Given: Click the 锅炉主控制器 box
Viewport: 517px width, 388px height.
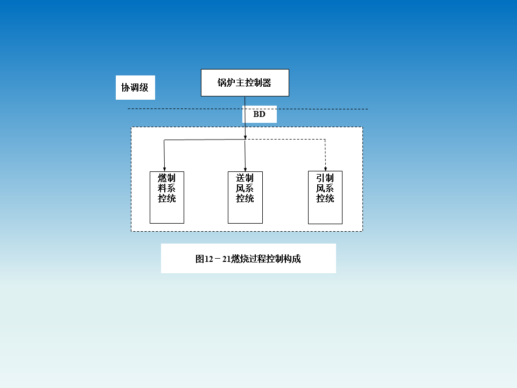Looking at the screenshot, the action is (244, 82).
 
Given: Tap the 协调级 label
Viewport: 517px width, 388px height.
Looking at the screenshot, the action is (135, 87).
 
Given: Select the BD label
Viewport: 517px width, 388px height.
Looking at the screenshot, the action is (260, 114).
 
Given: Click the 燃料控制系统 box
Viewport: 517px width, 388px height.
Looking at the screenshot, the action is (167, 197).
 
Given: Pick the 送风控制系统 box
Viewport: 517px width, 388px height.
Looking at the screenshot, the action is (245, 197).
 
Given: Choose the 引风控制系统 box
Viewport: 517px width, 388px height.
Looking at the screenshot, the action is (325, 197).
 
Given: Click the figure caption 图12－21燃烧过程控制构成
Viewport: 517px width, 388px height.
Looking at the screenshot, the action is (248, 259).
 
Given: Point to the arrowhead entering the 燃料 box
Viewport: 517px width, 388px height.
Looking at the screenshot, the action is (164, 169).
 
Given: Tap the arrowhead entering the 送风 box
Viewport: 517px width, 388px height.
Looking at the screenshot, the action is (246, 169).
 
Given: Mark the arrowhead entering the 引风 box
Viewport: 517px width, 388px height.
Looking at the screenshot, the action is (325, 169).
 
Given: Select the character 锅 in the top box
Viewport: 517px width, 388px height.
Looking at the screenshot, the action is (222, 83).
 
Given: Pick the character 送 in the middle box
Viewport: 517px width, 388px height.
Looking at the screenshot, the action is (241, 178).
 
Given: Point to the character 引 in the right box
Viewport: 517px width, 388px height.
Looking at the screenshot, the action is (321, 178).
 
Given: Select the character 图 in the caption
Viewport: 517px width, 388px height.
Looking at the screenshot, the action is (200, 259).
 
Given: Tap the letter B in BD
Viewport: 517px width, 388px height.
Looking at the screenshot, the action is (256, 114).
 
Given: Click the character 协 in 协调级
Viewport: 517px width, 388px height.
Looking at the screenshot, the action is (126, 87).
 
